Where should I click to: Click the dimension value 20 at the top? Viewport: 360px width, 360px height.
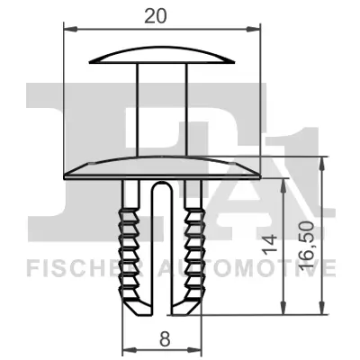[166, 14]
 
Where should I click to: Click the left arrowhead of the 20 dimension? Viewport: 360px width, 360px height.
[67, 29]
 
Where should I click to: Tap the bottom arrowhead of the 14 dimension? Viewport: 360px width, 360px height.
[286, 311]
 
